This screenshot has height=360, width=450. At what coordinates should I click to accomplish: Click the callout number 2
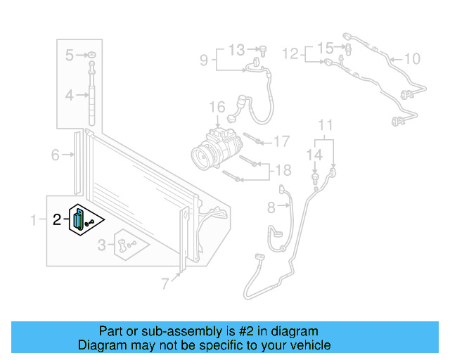pos(57,220)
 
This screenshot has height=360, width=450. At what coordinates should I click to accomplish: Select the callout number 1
pos(33,221)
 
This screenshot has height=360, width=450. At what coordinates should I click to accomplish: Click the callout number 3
pos(102,245)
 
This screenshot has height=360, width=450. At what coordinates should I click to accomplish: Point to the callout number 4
pos(70,95)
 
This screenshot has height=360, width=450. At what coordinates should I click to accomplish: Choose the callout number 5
pos(70,55)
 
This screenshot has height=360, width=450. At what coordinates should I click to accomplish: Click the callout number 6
pos(55,155)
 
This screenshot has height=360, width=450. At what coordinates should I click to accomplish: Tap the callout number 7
pos(165,284)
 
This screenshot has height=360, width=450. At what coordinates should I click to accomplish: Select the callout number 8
pos(271,207)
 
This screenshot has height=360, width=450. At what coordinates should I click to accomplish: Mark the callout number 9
pos(204,60)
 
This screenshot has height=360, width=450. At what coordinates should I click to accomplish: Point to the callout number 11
pos(324,126)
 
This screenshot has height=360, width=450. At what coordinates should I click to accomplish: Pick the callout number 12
pos(290,53)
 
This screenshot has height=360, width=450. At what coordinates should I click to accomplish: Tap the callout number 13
pos(236,49)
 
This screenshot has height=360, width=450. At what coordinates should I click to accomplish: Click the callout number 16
pos(217,108)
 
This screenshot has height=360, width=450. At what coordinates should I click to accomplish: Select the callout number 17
pos(281,141)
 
